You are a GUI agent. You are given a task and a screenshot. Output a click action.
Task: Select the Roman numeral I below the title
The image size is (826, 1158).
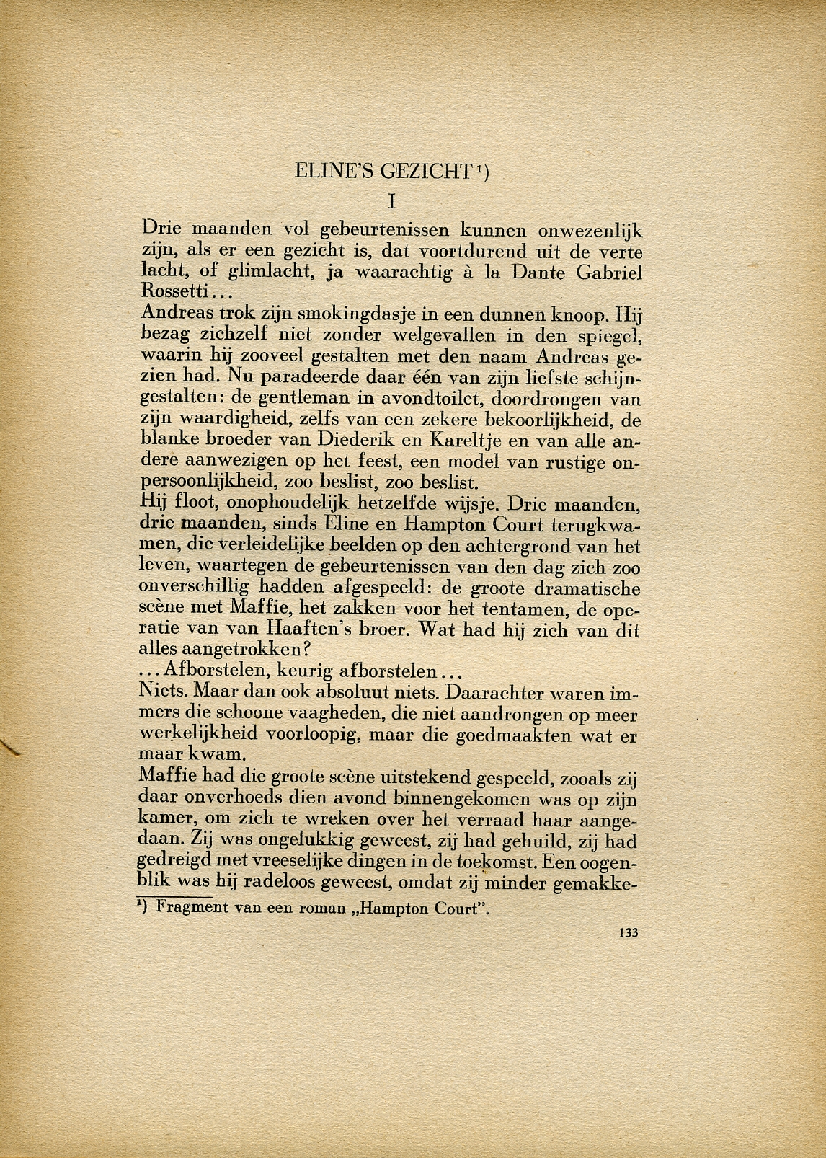click(x=392, y=201)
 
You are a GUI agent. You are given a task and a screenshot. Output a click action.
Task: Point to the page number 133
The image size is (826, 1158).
click(x=629, y=932)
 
